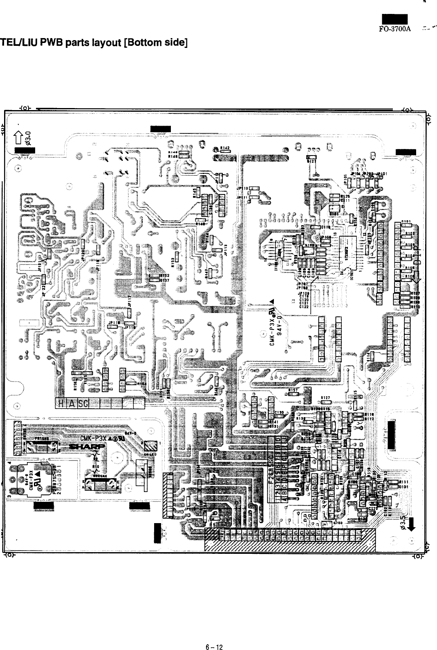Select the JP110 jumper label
[242, 188]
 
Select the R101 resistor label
[406, 221]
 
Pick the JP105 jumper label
[346, 178]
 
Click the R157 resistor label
[292, 390]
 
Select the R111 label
[403, 483]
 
